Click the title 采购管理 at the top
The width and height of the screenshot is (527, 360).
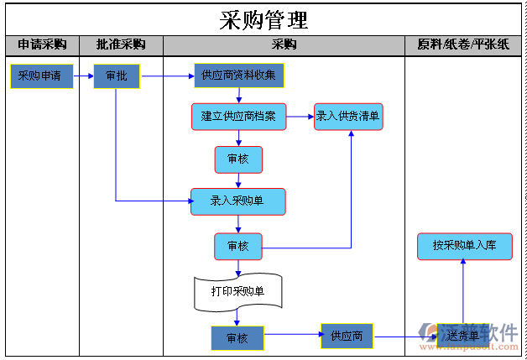point(263,19)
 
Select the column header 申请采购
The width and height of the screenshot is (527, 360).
point(42,44)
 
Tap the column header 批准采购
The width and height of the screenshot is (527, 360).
point(121,44)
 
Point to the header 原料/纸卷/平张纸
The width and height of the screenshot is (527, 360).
point(463,44)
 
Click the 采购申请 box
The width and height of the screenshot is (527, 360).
point(39,76)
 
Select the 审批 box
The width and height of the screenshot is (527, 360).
point(117,76)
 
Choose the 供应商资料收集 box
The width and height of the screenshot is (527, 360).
point(239,76)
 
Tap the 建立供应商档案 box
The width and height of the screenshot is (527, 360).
point(238,117)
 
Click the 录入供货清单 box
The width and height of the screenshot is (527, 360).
point(348,117)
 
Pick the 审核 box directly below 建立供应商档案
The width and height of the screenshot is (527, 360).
point(238,159)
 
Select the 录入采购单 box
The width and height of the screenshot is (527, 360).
point(237,201)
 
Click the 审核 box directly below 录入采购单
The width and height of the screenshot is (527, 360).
point(238,247)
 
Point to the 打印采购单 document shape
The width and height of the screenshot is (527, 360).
point(237,291)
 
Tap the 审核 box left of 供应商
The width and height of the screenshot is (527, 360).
point(237,337)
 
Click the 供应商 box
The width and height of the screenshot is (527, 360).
point(347,337)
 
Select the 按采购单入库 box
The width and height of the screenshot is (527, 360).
point(464,246)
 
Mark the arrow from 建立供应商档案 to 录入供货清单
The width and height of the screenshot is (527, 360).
point(300,117)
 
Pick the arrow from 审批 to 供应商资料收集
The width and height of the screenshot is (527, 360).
point(167,76)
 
